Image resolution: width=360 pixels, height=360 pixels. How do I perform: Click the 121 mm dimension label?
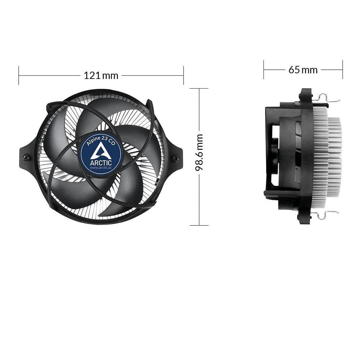101,75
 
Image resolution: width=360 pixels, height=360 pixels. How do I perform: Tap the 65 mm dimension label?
303,70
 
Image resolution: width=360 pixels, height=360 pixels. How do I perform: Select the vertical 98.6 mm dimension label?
199,152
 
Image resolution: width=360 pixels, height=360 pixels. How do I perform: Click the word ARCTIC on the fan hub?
101,163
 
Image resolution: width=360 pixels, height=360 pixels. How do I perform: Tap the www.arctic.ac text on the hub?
101,168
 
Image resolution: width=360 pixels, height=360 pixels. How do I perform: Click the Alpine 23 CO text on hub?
100,140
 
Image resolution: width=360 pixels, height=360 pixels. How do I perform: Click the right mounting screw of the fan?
175,158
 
